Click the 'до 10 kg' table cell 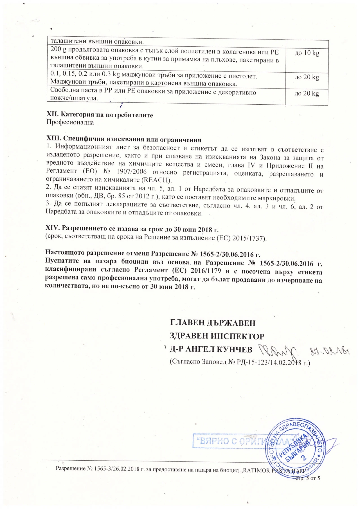(x=307, y=53)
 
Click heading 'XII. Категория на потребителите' (x=100, y=115)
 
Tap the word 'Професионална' (x=70, y=122)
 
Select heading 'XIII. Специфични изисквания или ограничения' (x=123, y=140)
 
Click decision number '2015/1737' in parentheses (x=251, y=238)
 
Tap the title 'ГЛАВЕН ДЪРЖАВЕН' (x=213, y=323)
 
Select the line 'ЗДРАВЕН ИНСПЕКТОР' (x=217, y=336)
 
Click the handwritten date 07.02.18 (x=326, y=351)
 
